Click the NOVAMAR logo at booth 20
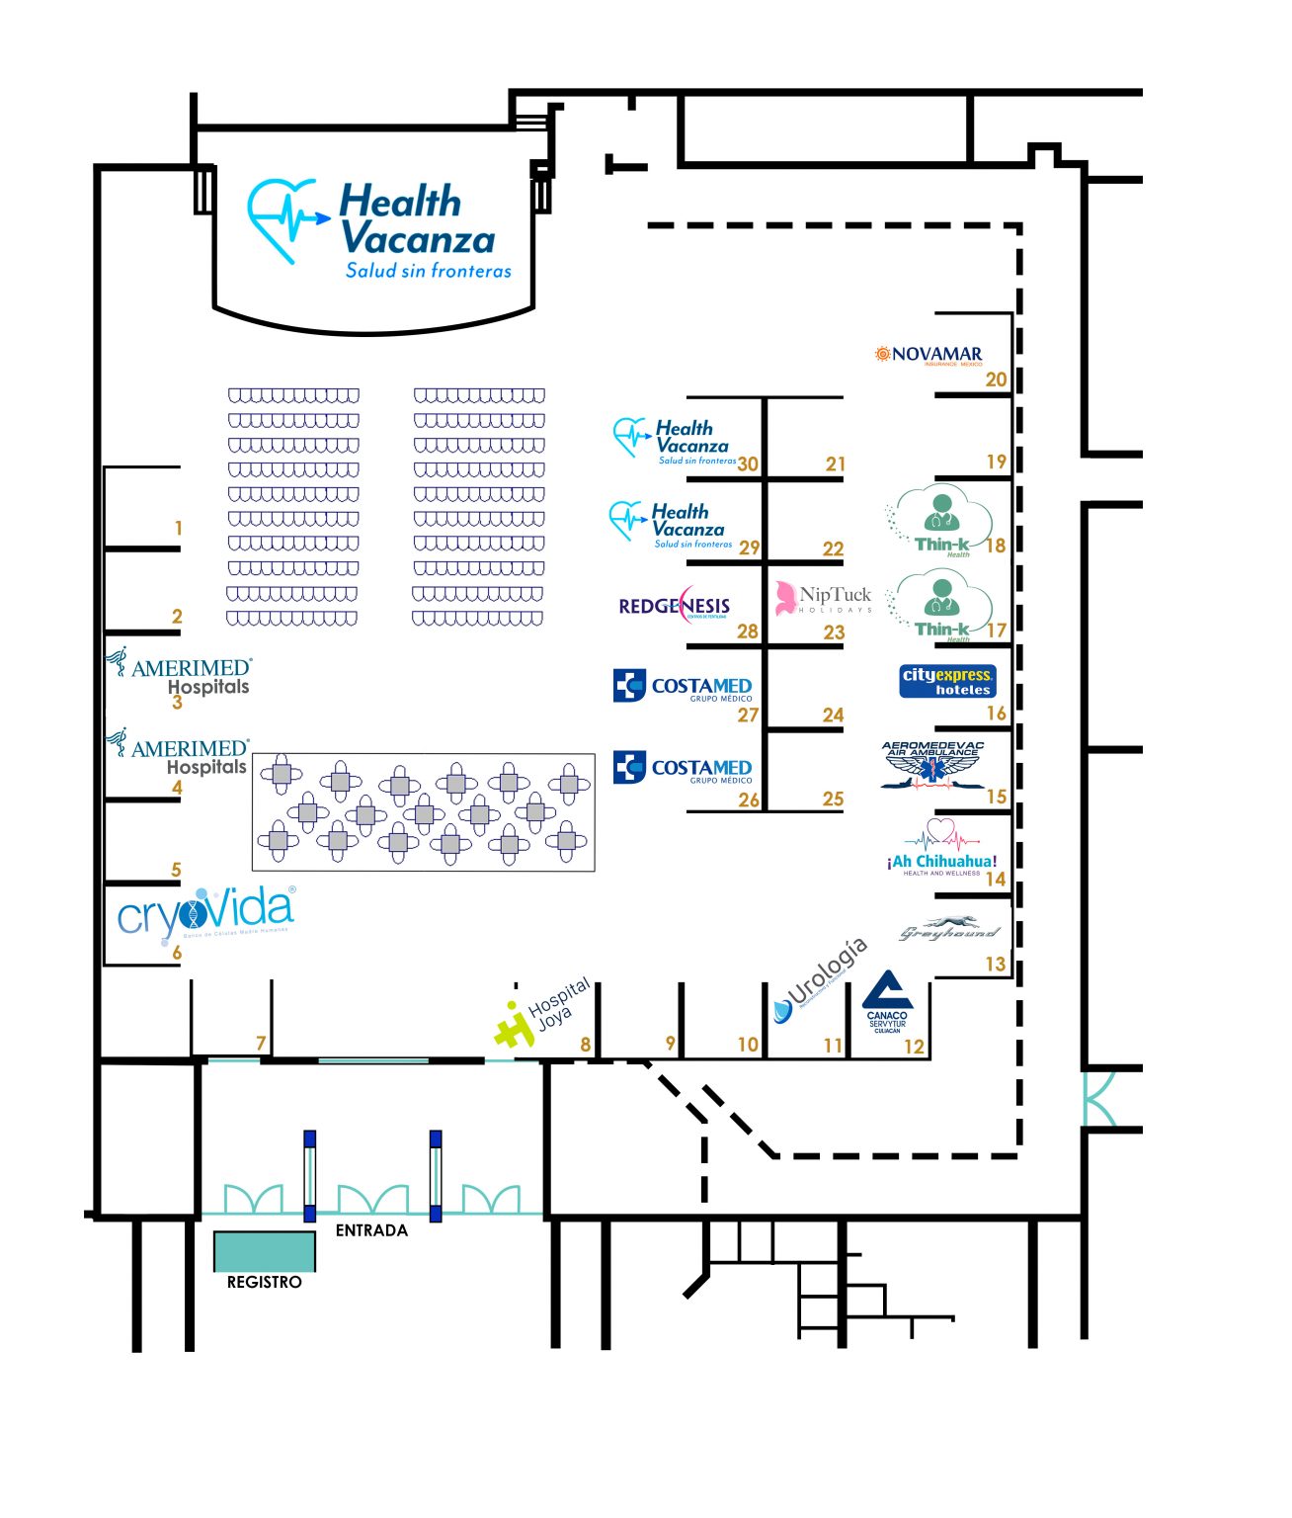click(929, 355)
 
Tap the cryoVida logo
click(205, 913)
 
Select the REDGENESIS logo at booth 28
click(675, 606)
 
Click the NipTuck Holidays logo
click(824, 599)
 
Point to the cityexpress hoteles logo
click(946, 682)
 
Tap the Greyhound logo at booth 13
click(949, 930)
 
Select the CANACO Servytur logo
click(887, 1002)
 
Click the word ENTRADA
click(371, 1230)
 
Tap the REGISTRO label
click(264, 1282)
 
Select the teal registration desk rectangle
click(265, 1251)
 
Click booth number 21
click(836, 464)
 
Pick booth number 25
click(833, 799)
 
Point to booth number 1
click(178, 529)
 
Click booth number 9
click(671, 1044)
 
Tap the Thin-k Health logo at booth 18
click(939, 521)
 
